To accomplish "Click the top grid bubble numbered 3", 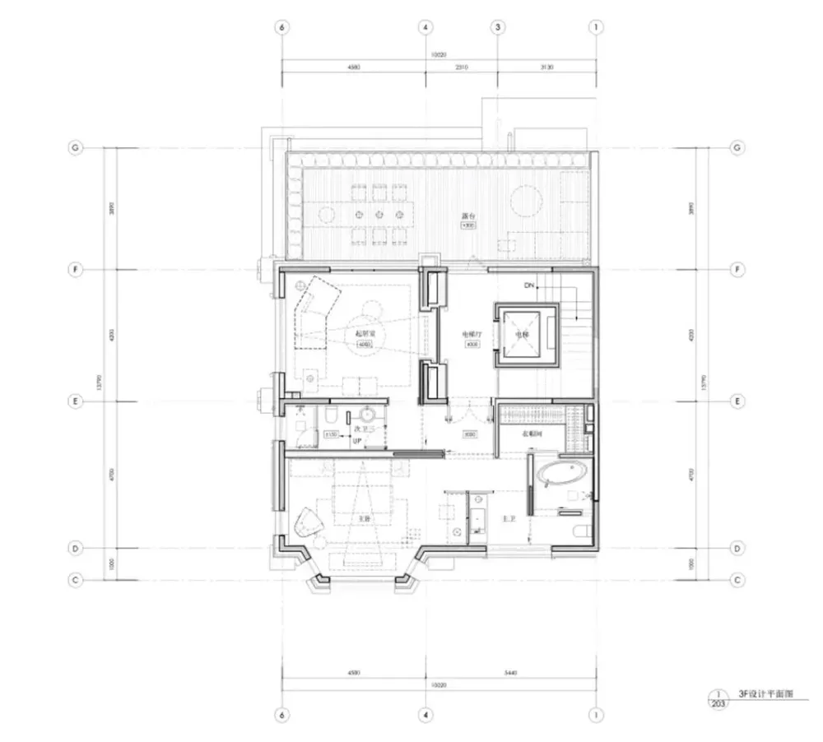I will (x=498, y=27).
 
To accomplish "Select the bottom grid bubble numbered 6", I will (x=282, y=714).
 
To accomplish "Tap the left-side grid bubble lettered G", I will (x=75, y=148).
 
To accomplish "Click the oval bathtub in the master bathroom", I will (x=562, y=474).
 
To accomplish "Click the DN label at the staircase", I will (x=529, y=285).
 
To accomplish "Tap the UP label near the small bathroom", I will (x=358, y=442).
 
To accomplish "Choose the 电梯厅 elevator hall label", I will (x=472, y=335).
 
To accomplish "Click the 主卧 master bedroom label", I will (x=363, y=519).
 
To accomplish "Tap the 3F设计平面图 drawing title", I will (x=766, y=695).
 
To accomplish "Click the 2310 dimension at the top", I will (x=461, y=68).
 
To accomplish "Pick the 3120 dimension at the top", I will (x=547, y=68).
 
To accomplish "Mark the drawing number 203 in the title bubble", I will (x=718, y=703).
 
